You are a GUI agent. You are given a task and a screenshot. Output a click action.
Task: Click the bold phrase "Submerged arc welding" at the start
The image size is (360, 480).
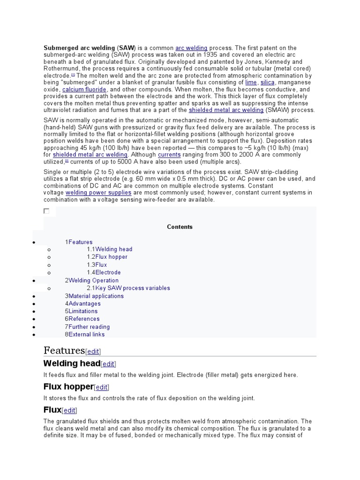point(79,48)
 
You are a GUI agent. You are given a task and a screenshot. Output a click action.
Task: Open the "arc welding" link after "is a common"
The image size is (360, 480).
point(191,48)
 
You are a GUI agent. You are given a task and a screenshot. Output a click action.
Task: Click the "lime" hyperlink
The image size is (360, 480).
point(251,82)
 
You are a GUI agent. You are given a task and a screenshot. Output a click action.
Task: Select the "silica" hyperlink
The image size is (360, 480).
point(267,82)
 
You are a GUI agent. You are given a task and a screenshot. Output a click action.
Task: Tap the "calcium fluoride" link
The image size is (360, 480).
point(84,89)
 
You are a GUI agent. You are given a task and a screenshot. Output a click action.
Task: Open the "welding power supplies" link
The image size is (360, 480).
point(98,193)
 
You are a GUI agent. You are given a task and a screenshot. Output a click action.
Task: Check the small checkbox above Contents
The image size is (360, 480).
point(46,211)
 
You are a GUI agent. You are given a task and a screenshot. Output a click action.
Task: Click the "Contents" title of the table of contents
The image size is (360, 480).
point(180,227)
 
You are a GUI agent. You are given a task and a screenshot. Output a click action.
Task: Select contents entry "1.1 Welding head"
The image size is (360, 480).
point(110,249)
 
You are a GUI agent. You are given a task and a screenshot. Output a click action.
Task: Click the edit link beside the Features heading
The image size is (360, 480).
point(93,352)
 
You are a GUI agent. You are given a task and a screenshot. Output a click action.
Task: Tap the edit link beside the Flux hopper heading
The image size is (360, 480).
point(101,387)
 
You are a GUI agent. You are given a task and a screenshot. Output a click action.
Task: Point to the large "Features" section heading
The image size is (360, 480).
point(64,350)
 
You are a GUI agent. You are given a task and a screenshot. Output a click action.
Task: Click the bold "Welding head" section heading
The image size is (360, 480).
point(72,363)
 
